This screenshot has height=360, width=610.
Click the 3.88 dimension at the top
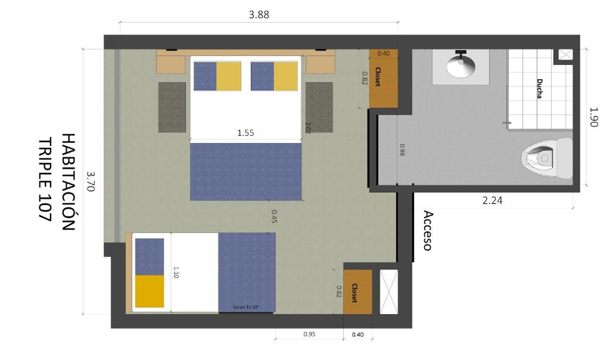259,15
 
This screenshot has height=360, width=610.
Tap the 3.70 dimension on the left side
90,181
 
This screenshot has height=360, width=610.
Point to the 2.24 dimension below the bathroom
492,200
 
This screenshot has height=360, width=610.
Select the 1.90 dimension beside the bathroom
593,117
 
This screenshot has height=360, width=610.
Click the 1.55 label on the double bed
245,133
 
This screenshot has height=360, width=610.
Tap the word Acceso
428,231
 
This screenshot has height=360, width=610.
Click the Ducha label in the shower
539,89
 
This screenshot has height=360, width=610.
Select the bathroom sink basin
461,66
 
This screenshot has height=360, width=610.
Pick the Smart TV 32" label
246,307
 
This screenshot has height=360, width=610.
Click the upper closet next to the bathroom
383,78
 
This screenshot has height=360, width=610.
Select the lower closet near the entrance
357,292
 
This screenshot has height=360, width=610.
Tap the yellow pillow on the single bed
150,291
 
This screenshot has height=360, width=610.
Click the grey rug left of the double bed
172,107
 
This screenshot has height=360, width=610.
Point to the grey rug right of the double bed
319,107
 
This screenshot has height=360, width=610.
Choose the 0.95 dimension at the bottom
309,334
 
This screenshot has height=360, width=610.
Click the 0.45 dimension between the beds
274,217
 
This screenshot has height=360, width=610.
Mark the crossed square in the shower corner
566,54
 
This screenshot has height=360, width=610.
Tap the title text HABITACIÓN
68,182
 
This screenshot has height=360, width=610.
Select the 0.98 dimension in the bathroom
402,150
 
